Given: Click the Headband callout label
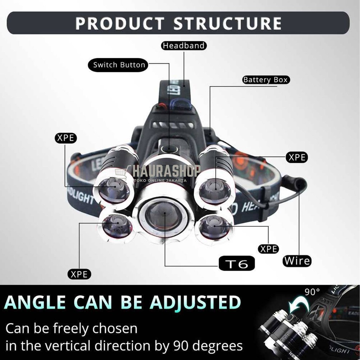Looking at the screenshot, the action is tap(184, 46).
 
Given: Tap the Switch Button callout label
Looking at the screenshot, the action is tap(119, 65).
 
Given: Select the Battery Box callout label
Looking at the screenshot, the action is tap(265, 80).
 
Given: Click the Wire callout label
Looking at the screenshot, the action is tap(297, 261).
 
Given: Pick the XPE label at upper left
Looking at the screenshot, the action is tap(66, 138).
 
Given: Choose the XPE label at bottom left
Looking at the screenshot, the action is tap(79, 274).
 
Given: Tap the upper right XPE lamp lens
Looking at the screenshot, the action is tap(214, 191).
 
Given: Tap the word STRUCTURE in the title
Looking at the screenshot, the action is tap(227, 23).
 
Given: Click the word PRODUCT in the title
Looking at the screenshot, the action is tap(119, 23).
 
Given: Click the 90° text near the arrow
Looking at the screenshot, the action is tap(313, 291).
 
